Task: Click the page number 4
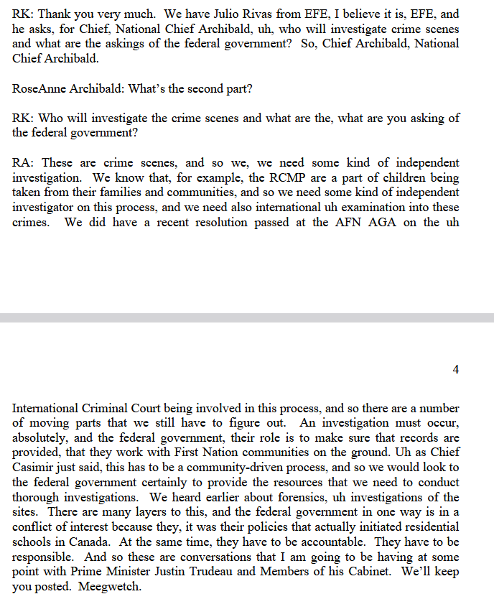pyautogui.click(x=455, y=369)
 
